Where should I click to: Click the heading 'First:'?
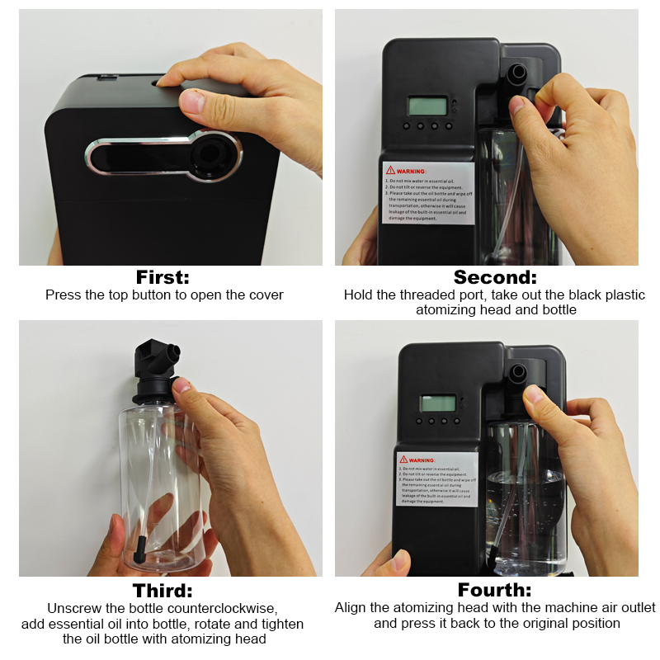(x=163, y=276)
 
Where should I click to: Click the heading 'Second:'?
(x=494, y=276)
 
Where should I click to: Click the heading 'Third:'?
(x=163, y=590)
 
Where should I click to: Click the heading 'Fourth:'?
(x=494, y=590)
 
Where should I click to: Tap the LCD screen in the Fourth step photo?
(x=438, y=403)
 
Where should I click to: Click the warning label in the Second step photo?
(x=428, y=192)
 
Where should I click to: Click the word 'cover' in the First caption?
(x=265, y=295)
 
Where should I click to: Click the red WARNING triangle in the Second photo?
(x=391, y=170)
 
